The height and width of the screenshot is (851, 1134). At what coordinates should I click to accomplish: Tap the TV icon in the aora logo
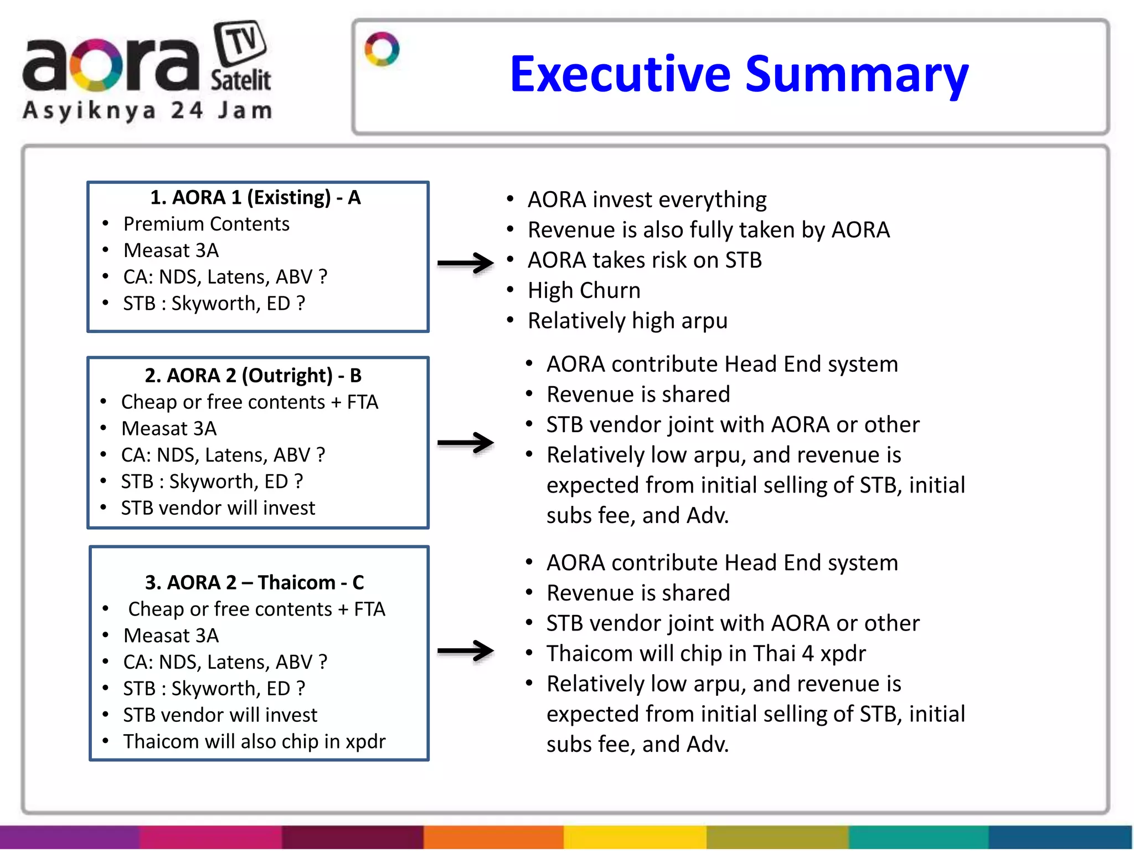240,43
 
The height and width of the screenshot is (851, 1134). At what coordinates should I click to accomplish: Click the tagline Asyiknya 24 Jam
147,111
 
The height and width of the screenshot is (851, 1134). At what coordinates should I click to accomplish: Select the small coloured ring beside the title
382,49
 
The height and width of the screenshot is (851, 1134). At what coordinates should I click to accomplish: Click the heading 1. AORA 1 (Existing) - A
255,197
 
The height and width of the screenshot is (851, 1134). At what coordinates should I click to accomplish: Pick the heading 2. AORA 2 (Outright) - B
253,375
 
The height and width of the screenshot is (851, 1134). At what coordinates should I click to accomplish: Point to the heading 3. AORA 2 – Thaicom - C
254,582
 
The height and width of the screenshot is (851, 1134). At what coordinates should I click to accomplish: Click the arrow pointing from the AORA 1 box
465,263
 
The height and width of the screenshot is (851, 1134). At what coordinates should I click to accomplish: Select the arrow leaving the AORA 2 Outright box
465,442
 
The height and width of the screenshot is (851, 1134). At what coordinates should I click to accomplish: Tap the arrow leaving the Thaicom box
465,650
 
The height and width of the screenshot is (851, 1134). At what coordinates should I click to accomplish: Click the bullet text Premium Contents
206,224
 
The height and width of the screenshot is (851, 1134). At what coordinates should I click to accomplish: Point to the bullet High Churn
584,290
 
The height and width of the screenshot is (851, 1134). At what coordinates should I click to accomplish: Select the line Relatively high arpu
627,321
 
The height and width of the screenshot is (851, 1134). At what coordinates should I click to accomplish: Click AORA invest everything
647,199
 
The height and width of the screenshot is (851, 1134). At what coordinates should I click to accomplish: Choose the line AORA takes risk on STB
645,260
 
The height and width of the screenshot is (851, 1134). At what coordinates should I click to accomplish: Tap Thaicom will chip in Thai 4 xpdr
706,653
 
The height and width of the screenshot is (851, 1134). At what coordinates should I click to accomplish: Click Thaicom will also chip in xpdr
254,741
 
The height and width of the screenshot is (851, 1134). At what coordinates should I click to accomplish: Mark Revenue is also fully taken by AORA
708,230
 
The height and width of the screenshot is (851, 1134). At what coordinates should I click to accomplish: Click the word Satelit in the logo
240,81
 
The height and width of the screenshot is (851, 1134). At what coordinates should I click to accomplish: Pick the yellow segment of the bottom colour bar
635,837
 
